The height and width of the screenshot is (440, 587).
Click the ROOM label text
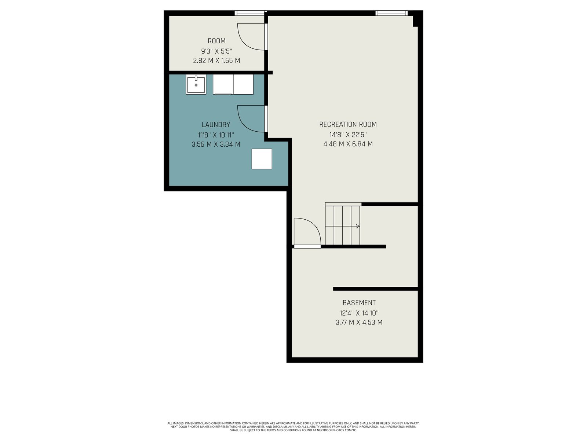pos(216,41)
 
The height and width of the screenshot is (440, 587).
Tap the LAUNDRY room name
pos(216,125)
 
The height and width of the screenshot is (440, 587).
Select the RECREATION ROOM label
pos(348,124)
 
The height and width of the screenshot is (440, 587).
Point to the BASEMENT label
pos(359,303)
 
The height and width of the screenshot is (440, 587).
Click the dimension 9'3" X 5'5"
pos(216,51)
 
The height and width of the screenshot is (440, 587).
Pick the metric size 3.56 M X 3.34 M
pos(216,144)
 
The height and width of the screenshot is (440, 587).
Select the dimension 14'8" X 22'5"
pos(348,134)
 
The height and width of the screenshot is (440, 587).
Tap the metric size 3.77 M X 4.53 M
pos(359,322)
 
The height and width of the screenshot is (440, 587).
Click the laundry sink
pos(196,84)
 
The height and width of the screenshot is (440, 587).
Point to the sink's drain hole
pos(196,85)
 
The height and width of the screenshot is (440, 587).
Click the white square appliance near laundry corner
pos(262,159)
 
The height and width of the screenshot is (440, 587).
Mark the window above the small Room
pos(251,13)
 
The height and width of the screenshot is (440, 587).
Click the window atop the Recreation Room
pos(391,13)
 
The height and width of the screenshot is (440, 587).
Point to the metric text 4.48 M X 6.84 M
pos(348,144)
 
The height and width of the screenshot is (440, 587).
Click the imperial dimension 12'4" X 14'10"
pos(359,312)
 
